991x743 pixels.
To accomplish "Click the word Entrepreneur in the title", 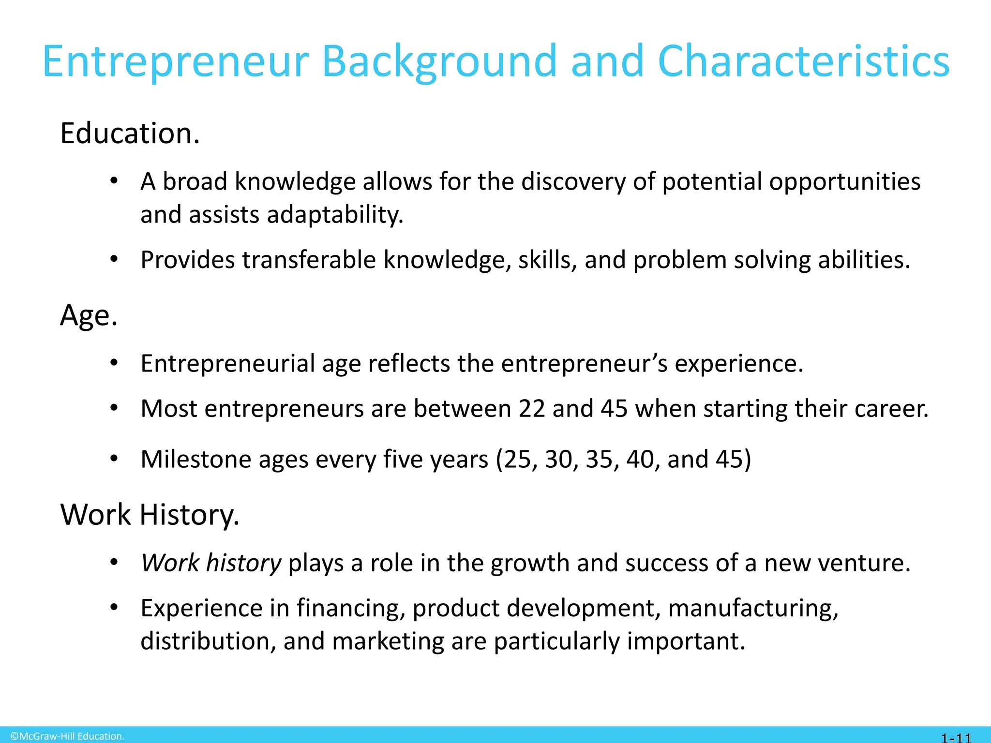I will (175, 62).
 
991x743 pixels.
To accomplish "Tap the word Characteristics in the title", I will (804, 62).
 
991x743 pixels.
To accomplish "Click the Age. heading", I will (89, 316).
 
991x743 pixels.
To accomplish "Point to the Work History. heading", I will (150, 515).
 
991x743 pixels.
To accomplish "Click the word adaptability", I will (335, 215).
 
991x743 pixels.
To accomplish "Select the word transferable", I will (309, 260).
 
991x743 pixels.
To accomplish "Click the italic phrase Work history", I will (211, 563).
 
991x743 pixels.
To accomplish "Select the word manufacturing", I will (753, 609).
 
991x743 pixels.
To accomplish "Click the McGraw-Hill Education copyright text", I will (68, 736).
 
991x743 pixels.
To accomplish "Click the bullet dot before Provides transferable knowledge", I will (114, 260).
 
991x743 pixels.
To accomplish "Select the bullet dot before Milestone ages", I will (114, 459).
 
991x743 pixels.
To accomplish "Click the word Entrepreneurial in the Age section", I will (227, 364).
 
